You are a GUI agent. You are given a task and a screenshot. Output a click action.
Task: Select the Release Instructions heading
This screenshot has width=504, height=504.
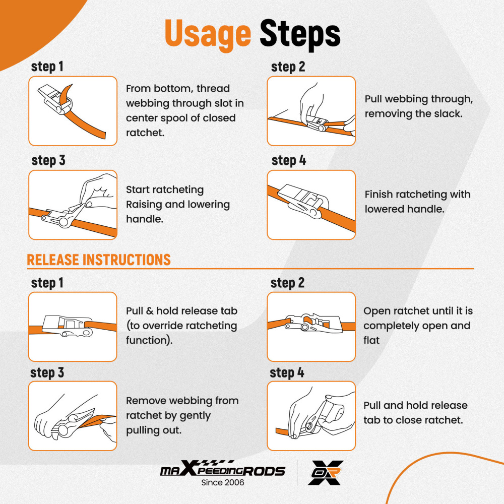99,260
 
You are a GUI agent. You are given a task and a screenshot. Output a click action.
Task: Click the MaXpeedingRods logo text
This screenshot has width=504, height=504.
222,469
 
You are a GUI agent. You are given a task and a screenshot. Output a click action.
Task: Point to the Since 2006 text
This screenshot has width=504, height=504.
222,482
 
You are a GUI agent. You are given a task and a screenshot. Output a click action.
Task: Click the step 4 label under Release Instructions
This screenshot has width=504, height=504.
287,373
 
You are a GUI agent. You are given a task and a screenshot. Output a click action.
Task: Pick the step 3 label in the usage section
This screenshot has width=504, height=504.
48,160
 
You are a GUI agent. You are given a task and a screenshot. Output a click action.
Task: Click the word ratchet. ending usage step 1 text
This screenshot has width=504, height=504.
145,133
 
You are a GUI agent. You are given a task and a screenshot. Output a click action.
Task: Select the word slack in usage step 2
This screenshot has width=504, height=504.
448,114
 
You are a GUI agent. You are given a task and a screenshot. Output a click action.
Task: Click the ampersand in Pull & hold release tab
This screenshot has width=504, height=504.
150,311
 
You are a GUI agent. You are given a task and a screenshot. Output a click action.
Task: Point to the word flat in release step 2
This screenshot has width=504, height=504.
371,340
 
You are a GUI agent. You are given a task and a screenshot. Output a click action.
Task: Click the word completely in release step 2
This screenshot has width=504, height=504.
391,326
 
